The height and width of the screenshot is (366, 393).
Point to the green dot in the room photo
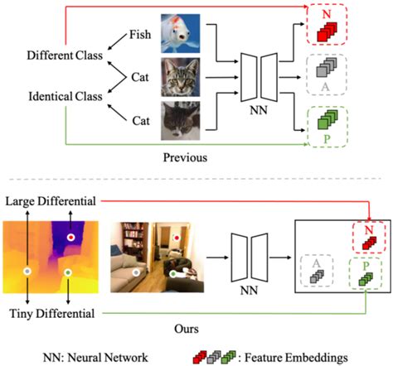point(172,272)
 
